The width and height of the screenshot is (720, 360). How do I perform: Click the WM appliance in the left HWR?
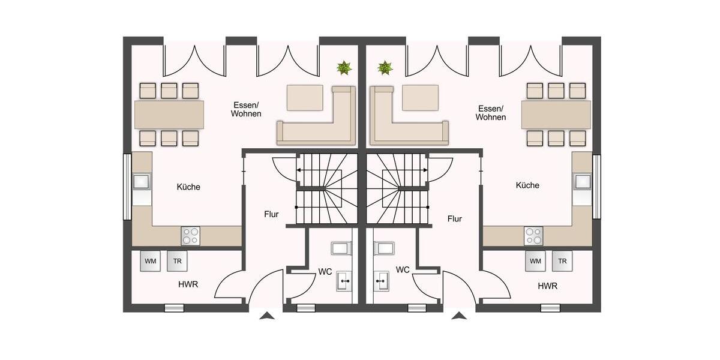pos(150,261)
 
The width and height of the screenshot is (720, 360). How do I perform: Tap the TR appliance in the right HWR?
pos(562,261)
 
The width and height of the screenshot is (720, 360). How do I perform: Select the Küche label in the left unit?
pos(188,187)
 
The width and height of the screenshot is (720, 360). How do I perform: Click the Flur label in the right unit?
pos(454,219)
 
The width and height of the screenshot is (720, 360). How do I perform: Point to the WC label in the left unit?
pos(325,272)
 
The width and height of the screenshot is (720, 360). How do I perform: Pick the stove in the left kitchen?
pos(190,236)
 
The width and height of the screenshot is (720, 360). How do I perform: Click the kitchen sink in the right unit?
pos(581,181)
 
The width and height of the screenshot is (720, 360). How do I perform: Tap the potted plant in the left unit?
pos(344,67)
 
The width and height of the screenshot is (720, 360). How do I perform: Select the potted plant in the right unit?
pos(385,67)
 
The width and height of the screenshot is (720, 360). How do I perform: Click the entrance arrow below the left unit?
pos(268,316)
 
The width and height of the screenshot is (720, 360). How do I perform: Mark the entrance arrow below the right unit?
pos(459,316)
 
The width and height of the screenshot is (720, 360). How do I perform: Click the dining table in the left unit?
pos(169,115)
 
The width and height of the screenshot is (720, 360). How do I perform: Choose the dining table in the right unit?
pos(556,115)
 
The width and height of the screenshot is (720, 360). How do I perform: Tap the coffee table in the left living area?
pos(305,98)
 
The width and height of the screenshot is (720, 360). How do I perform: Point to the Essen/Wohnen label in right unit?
pos(491,113)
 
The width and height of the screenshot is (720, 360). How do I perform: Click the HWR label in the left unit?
pos(188,284)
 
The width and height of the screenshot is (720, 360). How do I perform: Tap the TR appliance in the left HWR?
pos(177,261)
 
